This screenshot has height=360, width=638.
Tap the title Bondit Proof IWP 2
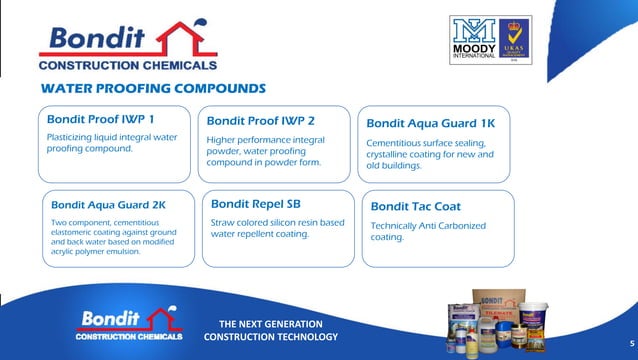(x=261, y=120)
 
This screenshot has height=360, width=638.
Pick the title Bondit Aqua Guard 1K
(x=430, y=124)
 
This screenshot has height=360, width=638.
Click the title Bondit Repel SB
(x=256, y=203)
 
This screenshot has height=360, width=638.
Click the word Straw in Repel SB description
(x=222, y=222)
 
